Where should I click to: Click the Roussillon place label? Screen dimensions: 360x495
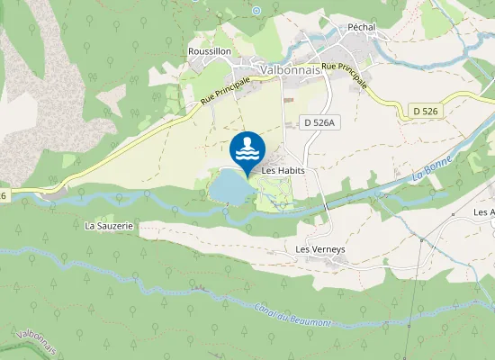click(210, 51)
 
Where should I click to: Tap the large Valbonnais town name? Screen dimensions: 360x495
click(290, 68)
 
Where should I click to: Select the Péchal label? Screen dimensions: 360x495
click(359, 27)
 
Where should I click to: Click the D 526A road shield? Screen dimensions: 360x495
click(318, 121)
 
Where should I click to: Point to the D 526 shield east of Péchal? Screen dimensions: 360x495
click(427, 110)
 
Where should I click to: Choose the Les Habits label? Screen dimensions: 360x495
click(283, 169)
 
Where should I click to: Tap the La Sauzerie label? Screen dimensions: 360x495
click(109, 226)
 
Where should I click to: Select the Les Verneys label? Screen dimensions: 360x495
click(321, 248)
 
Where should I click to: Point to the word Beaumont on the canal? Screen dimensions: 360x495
click(309, 319)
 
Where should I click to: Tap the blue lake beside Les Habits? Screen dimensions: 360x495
click(229, 187)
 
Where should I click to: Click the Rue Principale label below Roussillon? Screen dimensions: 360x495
click(225, 93)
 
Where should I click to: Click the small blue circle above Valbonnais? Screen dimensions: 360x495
click(256, 10)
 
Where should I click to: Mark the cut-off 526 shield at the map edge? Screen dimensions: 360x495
click(4, 195)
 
